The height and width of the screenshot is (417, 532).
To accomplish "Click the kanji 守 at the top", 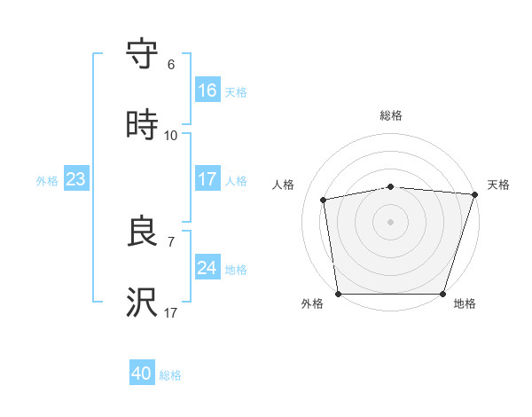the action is [142, 53].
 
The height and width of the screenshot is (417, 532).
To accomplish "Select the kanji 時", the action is [142, 124].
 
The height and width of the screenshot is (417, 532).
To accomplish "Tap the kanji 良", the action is [142, 231].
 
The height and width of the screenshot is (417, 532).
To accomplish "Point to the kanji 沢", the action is [142, 302].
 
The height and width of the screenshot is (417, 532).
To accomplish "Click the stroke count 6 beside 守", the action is [171, 65].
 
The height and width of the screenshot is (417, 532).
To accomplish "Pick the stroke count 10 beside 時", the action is [170, 136].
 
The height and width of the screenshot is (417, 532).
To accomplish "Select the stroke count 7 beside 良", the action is [171, 242].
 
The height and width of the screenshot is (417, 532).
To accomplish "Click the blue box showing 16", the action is [207, 90].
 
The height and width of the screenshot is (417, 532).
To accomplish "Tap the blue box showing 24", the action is [207, 266].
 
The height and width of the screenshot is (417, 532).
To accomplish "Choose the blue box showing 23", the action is [76, 178].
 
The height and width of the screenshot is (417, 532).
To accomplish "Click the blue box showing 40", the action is [142, 372].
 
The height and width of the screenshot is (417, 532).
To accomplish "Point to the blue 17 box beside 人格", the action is [207, 178].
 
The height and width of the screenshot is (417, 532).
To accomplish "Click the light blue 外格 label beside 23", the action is [47, 181].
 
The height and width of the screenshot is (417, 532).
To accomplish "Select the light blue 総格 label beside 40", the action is [170, 375].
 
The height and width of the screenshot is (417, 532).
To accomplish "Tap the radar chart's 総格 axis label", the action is [391, 115].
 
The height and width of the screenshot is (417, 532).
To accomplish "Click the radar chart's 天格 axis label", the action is [498, 185].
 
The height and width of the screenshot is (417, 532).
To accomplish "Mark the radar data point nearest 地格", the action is [442, 294].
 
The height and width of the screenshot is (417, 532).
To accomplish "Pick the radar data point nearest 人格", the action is [324, 200].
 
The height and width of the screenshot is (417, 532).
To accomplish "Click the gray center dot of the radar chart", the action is [390, 222].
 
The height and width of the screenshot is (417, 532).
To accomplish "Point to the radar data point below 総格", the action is [391, 187].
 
